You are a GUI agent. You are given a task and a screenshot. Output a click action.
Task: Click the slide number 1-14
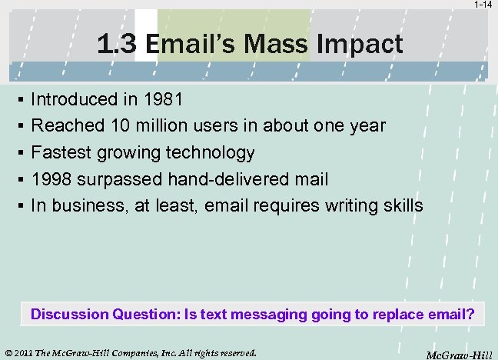click(483, 5)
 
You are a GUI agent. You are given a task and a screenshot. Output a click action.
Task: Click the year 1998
click(51, 179)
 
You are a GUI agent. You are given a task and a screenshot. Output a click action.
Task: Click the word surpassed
click(117, 179)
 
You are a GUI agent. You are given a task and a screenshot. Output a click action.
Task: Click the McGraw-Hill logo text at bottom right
click(459, 355)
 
